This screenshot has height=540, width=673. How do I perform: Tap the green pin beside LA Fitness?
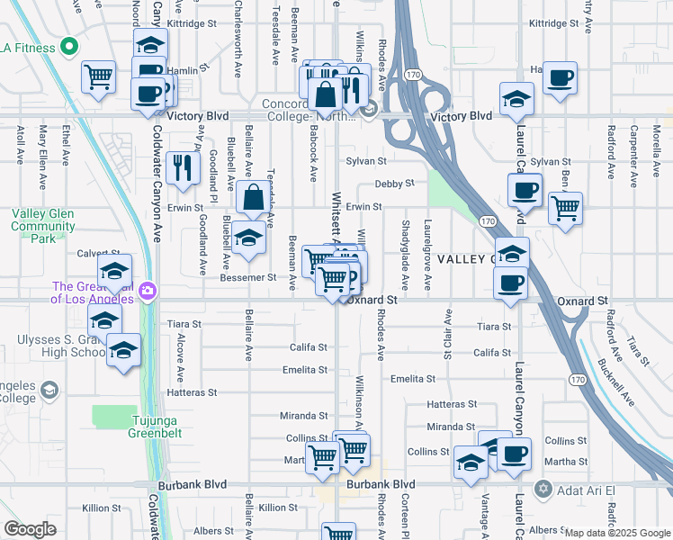coord(67,47)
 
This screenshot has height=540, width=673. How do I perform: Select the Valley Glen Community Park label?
coord(42,226)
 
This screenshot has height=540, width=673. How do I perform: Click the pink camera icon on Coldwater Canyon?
coord(148,291)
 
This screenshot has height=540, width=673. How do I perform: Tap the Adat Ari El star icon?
coord(542,489)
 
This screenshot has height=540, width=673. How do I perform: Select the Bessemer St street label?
coord(247,278)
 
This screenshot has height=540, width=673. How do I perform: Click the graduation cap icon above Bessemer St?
coord(248,239)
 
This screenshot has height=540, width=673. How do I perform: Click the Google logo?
coord(29,529)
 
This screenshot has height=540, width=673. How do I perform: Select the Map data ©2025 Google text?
coord(617,533)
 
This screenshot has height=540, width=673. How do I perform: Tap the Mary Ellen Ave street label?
coord(42,157)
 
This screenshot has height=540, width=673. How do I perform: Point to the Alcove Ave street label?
coord(181,356)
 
